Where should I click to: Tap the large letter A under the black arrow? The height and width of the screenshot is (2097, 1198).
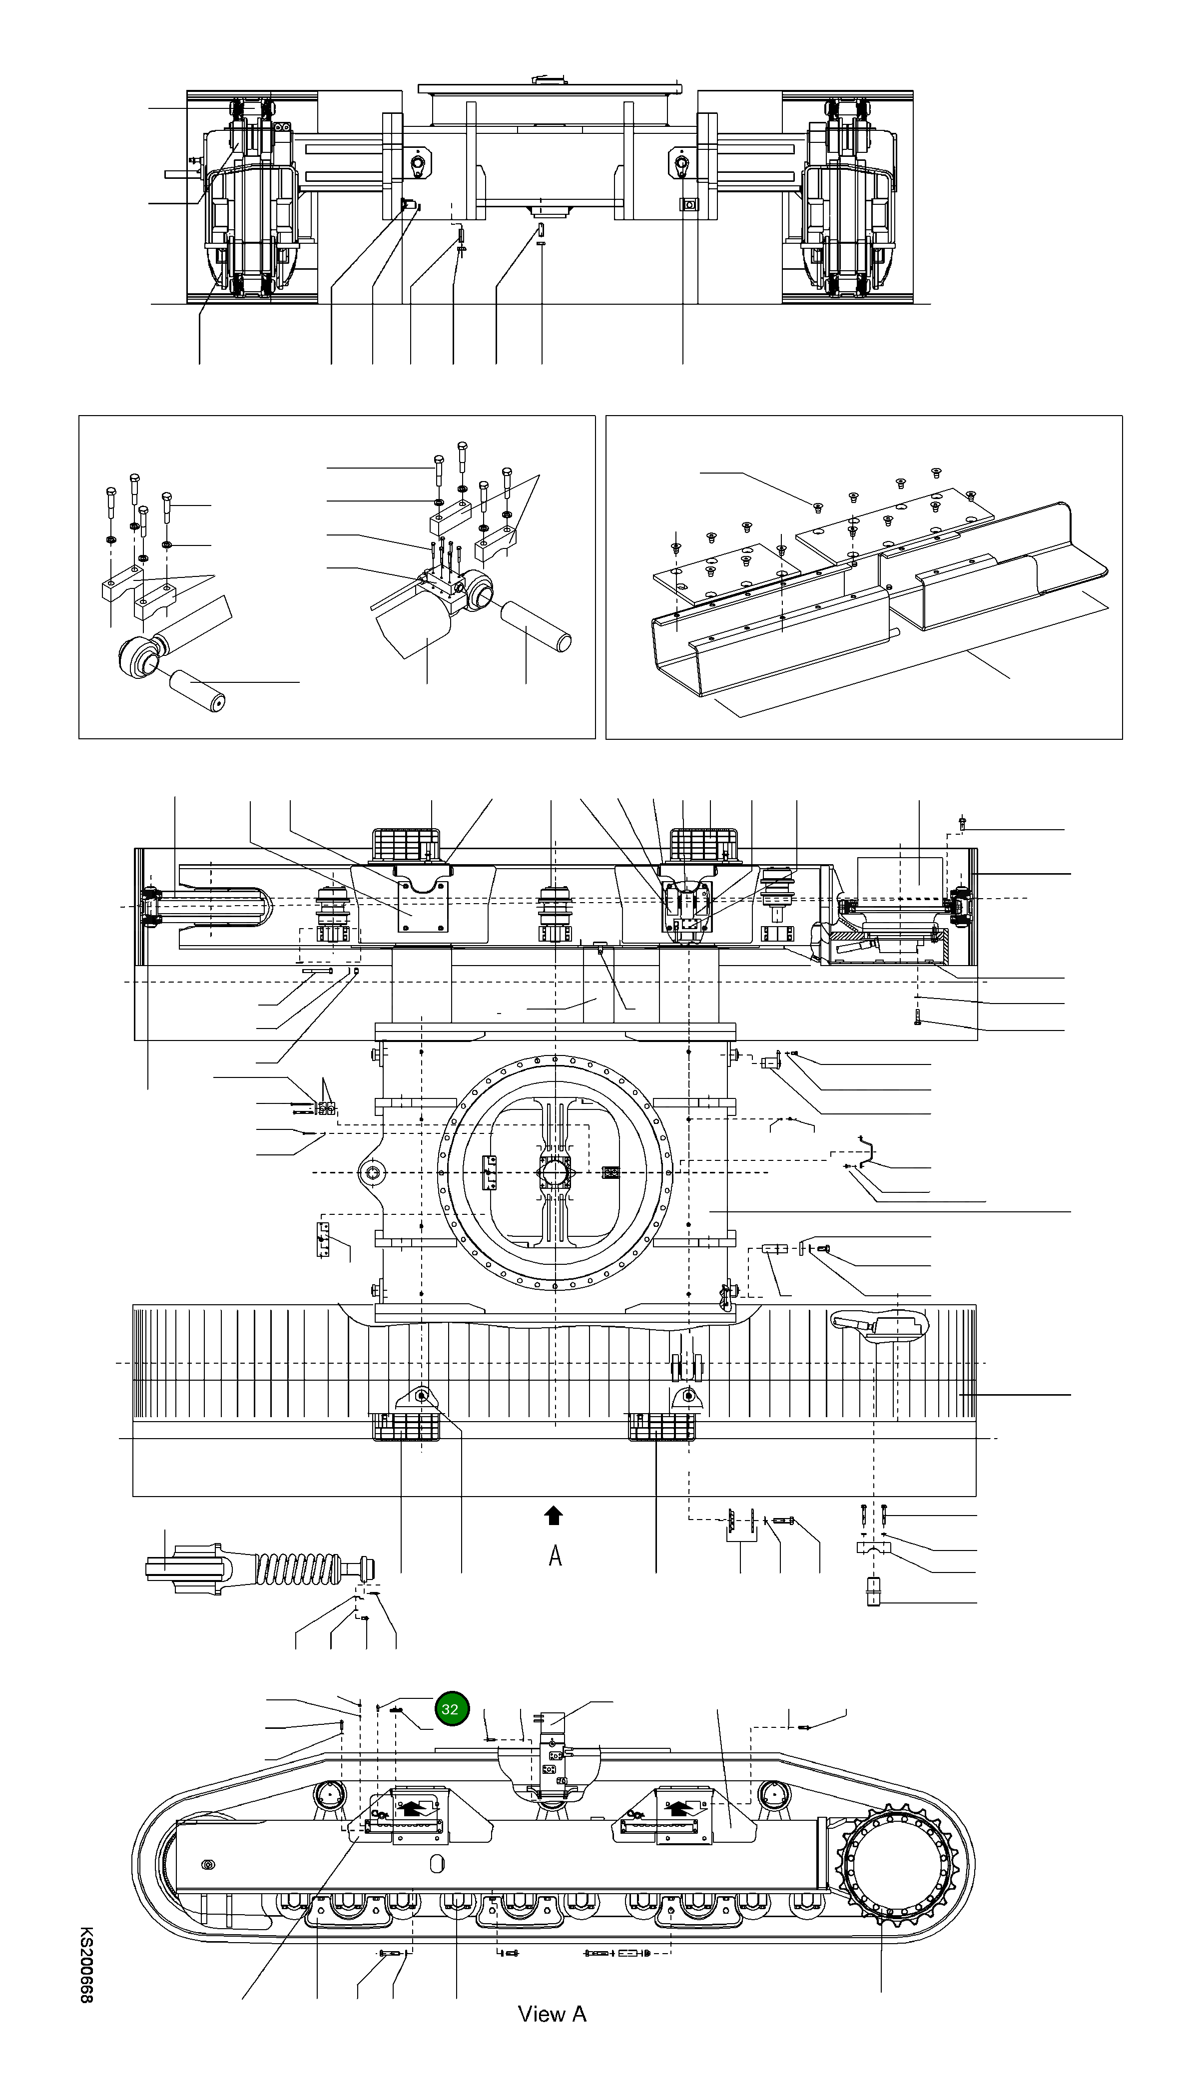pyautogui.click(x=556, y=1556)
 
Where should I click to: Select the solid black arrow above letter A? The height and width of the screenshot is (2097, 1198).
pyautogui.click(x=554, y=1516)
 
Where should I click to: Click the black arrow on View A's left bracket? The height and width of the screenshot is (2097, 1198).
pyautogui.click(x=416, y=1808)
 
